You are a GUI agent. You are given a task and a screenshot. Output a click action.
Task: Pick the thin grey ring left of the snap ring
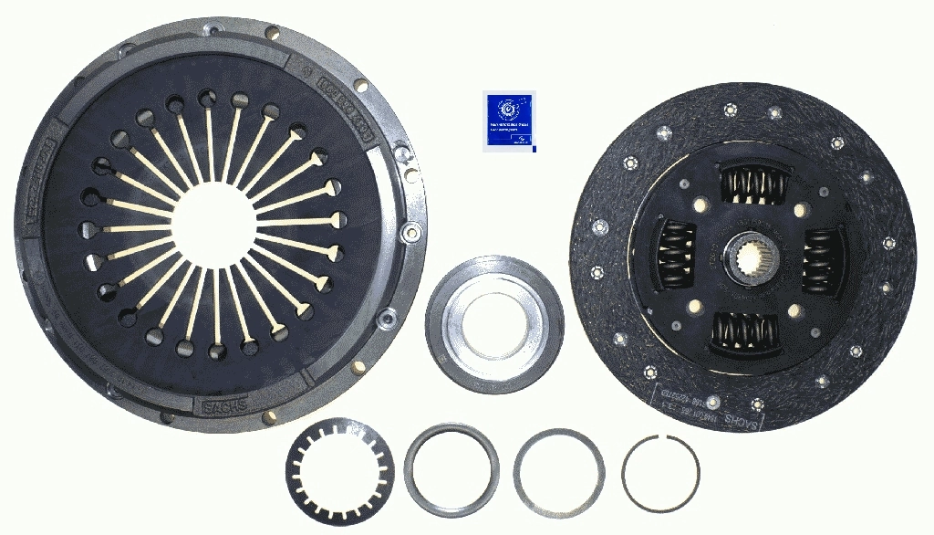click(x=558, y=471)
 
